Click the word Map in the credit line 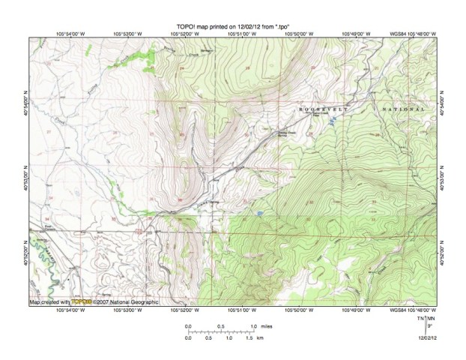click(35, 302)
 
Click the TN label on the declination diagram click(421, 319)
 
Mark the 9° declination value click(429, 326)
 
